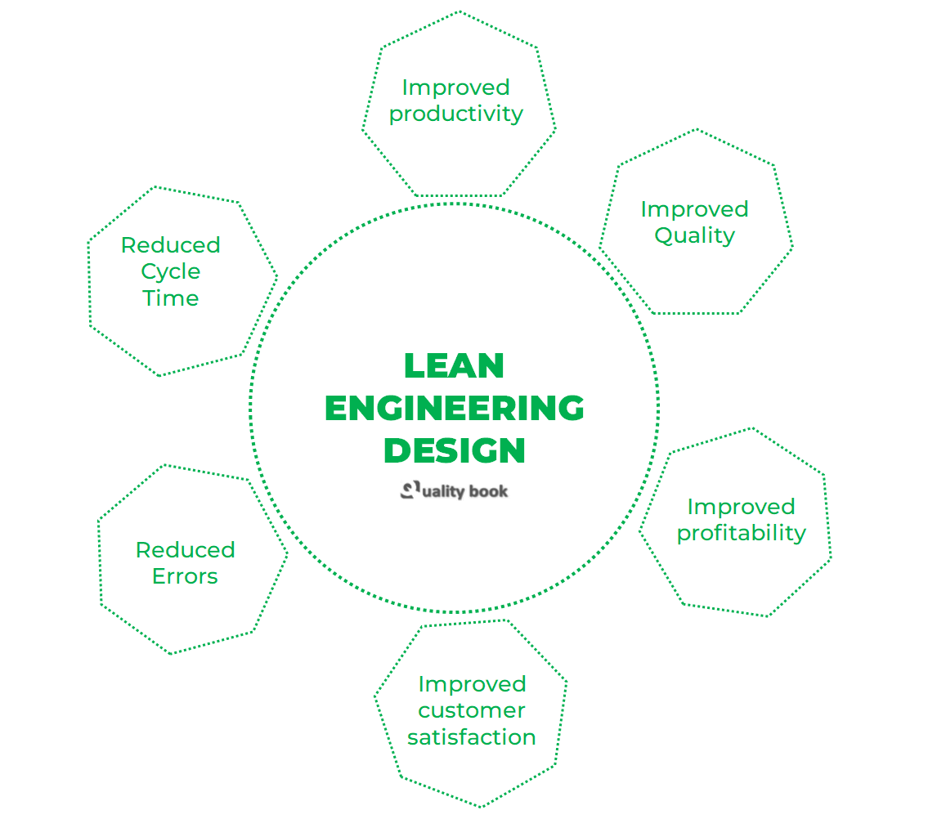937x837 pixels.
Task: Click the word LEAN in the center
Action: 454,365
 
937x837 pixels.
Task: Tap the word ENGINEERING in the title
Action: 455,408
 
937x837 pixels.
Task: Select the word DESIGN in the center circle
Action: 455,450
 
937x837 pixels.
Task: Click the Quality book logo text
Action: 455,490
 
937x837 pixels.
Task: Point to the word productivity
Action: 455,114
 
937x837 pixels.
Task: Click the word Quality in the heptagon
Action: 694,235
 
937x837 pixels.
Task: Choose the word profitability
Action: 741,533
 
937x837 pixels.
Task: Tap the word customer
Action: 471,710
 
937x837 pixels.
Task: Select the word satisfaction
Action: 471,736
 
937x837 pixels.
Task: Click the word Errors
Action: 185,576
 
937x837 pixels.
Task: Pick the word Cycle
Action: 170,271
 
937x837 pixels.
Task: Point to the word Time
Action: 170,298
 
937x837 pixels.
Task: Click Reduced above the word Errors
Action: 185,549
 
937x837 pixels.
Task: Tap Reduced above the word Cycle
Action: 170,245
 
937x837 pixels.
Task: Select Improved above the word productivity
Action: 455,87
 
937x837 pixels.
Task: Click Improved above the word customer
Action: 471,683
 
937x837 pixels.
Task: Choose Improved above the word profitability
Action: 741,507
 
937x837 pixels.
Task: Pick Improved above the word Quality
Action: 694,209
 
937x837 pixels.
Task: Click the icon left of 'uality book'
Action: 410,490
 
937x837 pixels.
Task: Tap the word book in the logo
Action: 488,491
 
